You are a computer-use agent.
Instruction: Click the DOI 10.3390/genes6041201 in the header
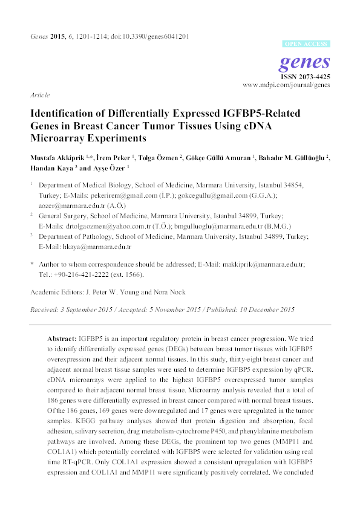click(x=155, y=36)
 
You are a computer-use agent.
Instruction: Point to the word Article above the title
click(x=39, y=96)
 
